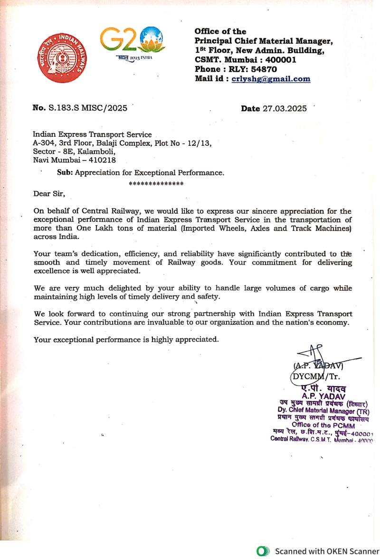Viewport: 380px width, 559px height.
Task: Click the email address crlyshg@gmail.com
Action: (271, 79)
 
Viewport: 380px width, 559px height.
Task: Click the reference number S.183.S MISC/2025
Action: (88, 108)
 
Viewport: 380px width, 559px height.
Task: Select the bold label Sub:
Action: (65, 173)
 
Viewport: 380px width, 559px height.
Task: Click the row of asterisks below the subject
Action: (156, 183)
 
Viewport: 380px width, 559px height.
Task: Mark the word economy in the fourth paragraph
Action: (333, 322)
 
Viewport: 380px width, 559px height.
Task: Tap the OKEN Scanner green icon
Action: (263, 551)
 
